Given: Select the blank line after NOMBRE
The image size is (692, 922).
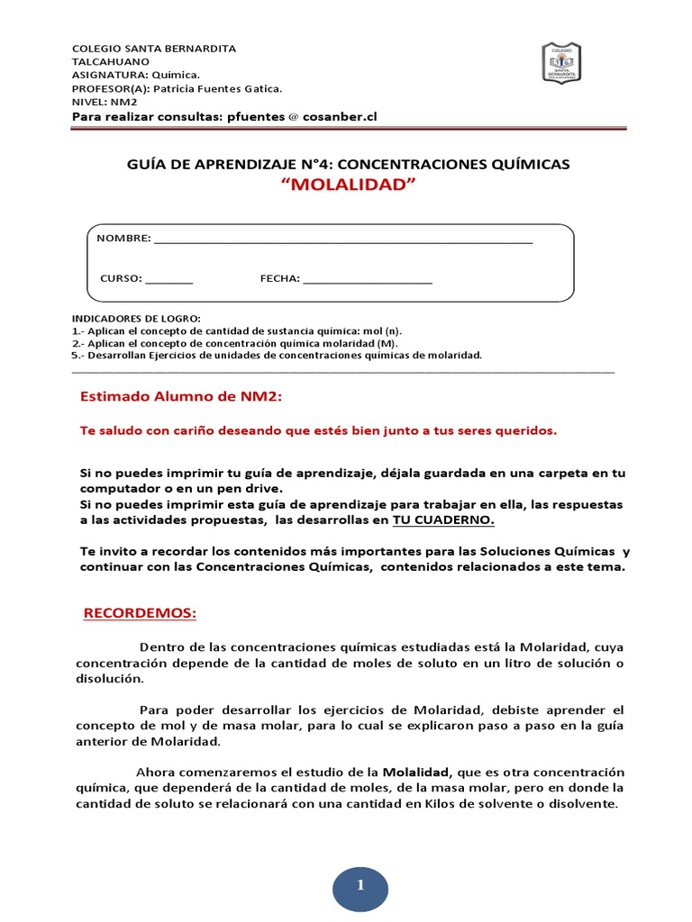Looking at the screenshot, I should [x=343, y=241].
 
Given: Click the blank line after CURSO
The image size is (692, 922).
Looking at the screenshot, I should [x=168, y=280].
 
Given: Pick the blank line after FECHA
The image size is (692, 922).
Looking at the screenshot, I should [x=368, y=280].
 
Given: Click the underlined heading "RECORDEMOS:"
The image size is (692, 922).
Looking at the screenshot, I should [x=139, y=613].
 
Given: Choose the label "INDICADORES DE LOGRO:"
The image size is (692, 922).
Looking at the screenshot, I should [x=135, y=319].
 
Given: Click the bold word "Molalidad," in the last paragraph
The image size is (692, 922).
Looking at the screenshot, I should [x=419, y=773].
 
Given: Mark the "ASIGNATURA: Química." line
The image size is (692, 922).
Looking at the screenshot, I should [x=135, y=76].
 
